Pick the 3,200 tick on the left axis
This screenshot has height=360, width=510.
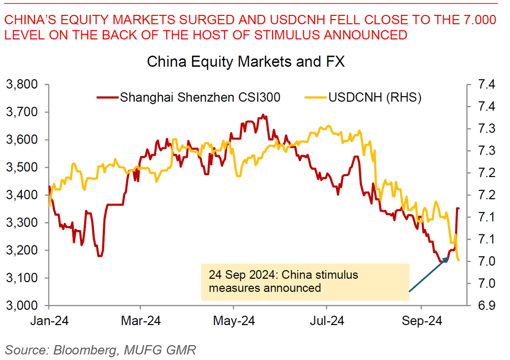pos(24,250)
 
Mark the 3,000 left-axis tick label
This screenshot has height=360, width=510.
pos(24,305)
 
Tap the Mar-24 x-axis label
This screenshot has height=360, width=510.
pos(141,321)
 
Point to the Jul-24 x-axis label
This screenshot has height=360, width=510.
pos(327,321)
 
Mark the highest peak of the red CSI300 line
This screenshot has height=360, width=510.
pos(264,116)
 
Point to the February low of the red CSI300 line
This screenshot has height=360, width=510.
pos(100,255)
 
